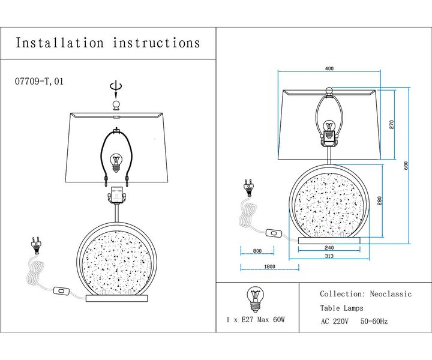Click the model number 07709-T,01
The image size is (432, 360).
[38, 82]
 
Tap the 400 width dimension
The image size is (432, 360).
[329, 69]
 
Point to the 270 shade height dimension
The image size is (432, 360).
[391, 125]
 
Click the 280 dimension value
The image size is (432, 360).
[379, 200]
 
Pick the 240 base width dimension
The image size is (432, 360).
[329, 247]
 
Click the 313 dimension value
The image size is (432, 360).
[329, 256]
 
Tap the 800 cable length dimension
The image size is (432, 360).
[257, 251]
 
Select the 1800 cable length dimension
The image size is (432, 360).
[269, 266]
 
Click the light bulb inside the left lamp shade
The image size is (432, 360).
[116, 161]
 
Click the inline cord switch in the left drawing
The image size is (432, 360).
[61, 292]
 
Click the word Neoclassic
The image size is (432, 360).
[389, 294]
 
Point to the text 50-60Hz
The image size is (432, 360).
[374, 321]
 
